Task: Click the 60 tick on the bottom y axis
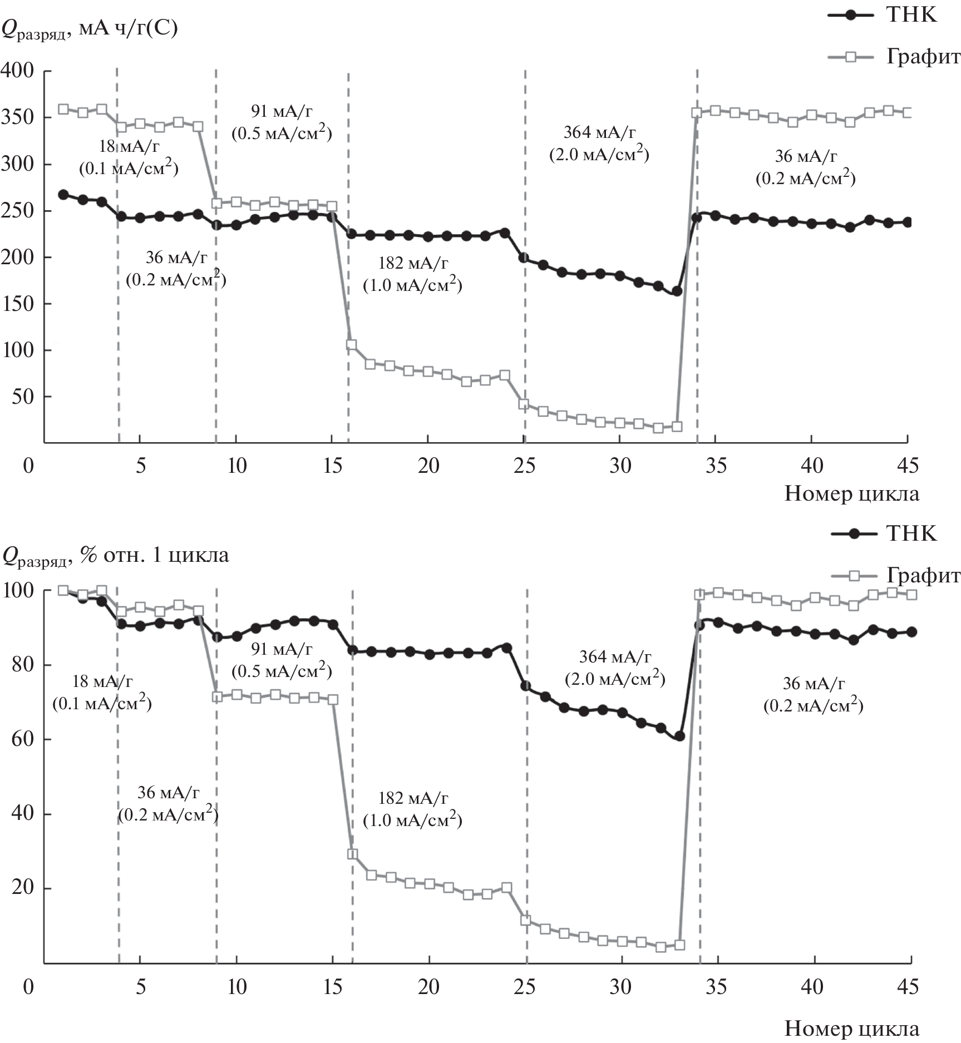(22, 739)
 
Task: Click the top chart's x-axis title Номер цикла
(851, 493)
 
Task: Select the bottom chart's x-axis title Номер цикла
(851, 1029)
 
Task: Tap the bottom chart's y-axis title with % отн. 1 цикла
(115, 555)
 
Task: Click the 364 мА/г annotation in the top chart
(599, 132)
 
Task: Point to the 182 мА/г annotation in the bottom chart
(413, 798)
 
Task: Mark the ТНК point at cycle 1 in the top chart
(63, 195)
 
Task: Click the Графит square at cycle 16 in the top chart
(351, 345)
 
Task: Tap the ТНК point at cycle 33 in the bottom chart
(679, 736)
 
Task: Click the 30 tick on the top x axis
(620, 466)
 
